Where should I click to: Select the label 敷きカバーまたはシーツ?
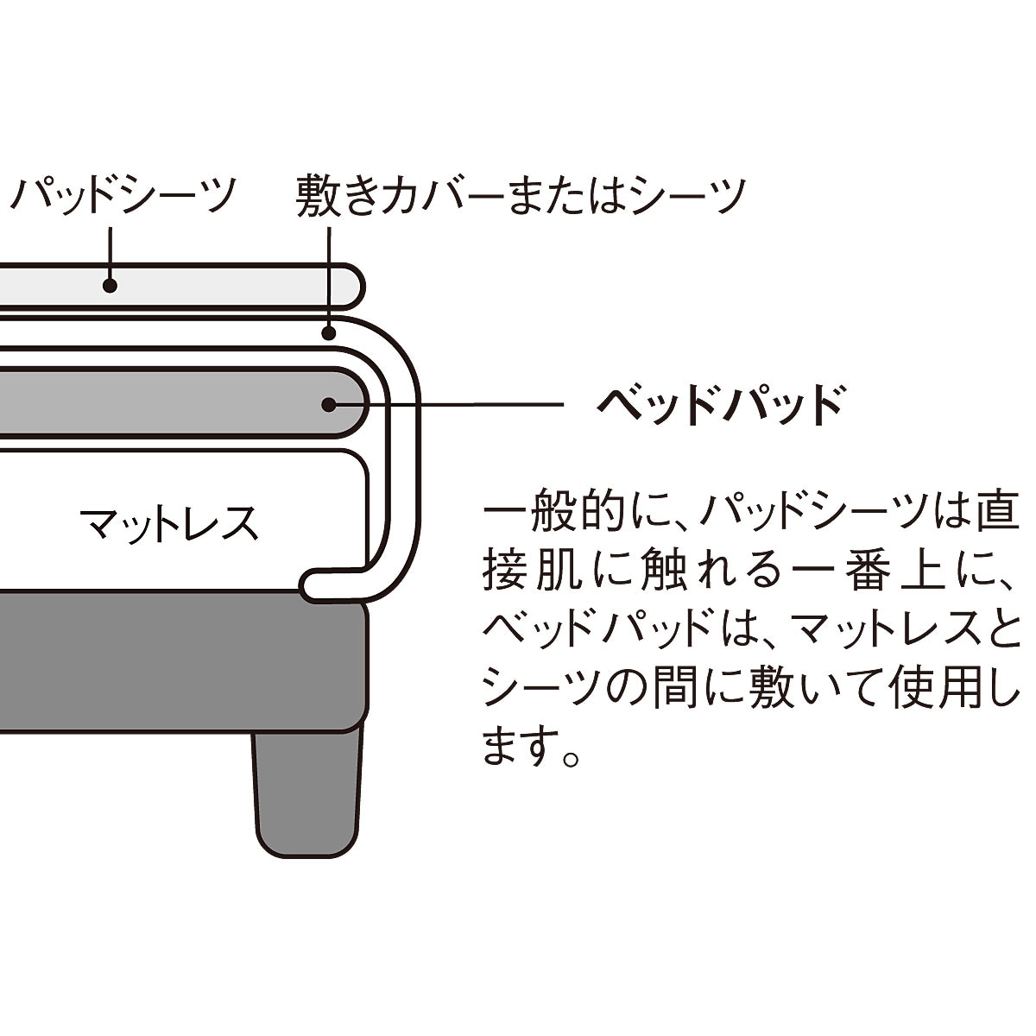tap(520, 195)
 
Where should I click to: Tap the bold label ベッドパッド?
tap(719, 403)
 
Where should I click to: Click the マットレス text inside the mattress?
tap(169, 522)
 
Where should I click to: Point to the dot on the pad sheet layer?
tap(110, 285)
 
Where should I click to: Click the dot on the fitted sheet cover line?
tap(328, 332)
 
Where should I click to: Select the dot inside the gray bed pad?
tap(328, 403)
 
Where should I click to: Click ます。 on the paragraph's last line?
tap(531, 747)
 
